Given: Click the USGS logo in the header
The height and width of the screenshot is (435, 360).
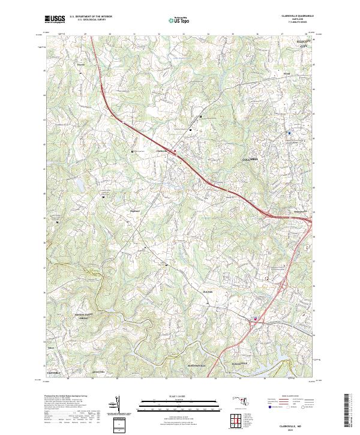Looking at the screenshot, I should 55,19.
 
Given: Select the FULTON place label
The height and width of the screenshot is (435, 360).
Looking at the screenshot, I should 208,292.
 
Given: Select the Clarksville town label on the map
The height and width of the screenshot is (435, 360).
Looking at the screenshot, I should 162,150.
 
